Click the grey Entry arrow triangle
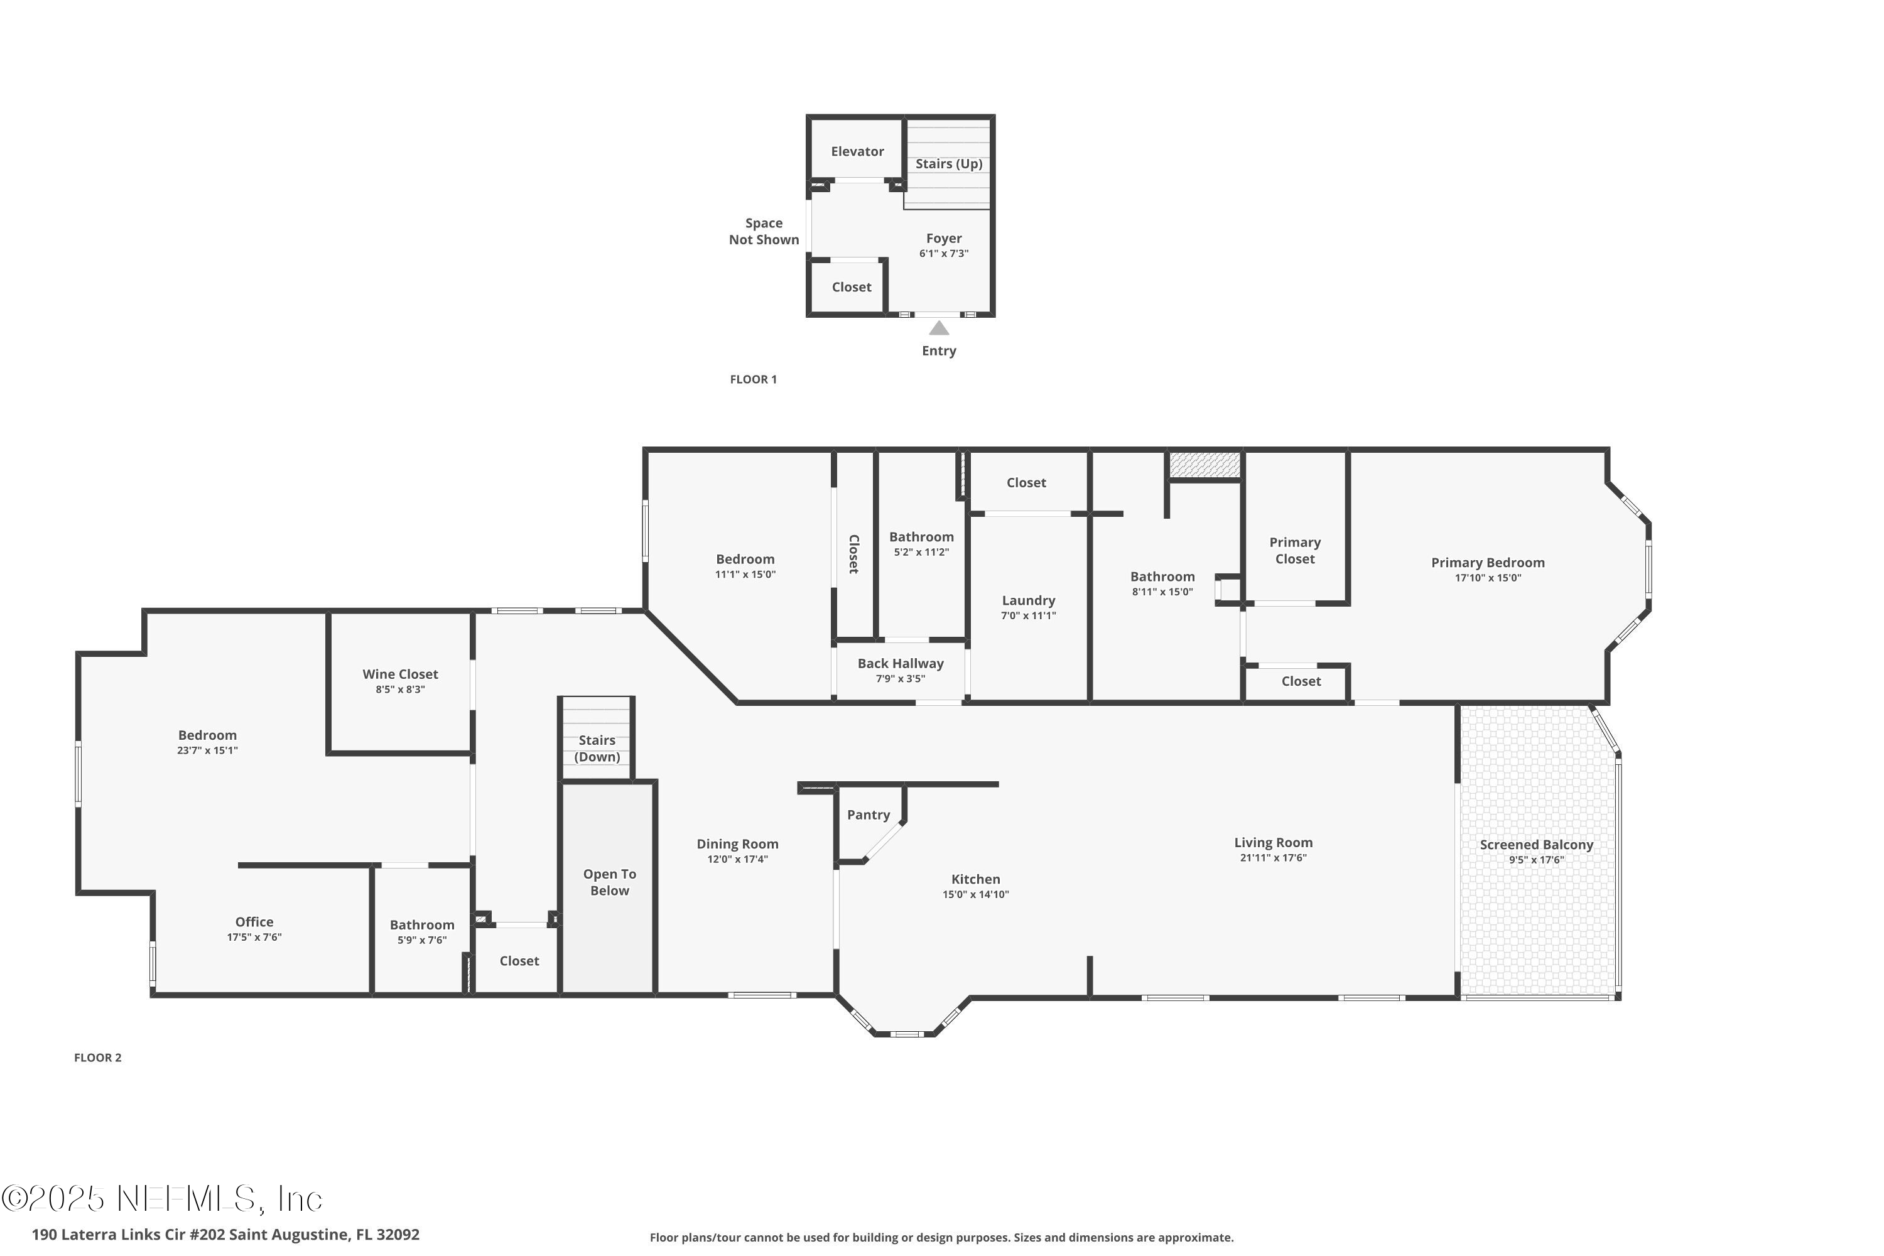pos(939,328)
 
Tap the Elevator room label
pos(857,151)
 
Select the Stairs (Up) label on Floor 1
pos(948,163)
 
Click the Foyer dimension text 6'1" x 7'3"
pos(944,254)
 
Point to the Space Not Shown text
pos(764,232)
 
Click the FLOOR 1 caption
pos(753,380)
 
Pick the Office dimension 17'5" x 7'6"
pos(254,937)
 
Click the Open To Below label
pos(610,882)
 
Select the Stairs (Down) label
pos(597,748)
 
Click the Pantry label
pos(869,815)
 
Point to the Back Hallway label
pos(901,663)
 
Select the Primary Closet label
pos(1294,550)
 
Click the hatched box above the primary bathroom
pos(1204,465)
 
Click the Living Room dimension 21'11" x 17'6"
pos(1273,858)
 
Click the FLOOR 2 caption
pos(98,1058)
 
